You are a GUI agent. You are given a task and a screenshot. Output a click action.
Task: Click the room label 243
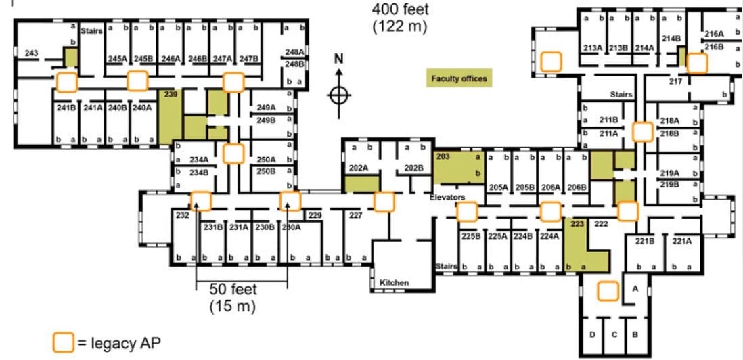(31, 53)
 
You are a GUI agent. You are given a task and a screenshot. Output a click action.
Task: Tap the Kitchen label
(394, 282)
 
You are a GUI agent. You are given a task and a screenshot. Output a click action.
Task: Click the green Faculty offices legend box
(459, 78)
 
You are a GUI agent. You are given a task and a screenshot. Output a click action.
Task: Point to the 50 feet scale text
(233, 289)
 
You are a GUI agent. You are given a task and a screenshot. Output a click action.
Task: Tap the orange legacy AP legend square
(63, 343)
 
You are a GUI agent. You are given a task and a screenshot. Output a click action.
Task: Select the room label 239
(171, 95)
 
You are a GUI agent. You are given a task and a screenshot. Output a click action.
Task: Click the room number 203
(443, 156)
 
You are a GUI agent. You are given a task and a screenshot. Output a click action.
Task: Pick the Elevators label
(447, 197)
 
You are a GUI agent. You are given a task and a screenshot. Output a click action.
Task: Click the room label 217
(675, 81)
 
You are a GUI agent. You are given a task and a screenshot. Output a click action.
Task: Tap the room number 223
(577, 224)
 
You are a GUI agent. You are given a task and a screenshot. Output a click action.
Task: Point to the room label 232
(182, 215)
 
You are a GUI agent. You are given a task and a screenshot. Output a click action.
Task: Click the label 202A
(358, 167)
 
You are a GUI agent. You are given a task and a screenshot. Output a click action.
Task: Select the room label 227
(356, 215)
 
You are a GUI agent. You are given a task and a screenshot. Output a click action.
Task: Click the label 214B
(671, 39)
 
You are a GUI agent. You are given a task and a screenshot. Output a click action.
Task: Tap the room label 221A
(681, 240)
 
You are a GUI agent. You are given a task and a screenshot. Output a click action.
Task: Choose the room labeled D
(592, 334)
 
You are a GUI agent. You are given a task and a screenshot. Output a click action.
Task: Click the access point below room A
(608, 291)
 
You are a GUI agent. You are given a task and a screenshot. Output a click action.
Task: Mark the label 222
(600, 224)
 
